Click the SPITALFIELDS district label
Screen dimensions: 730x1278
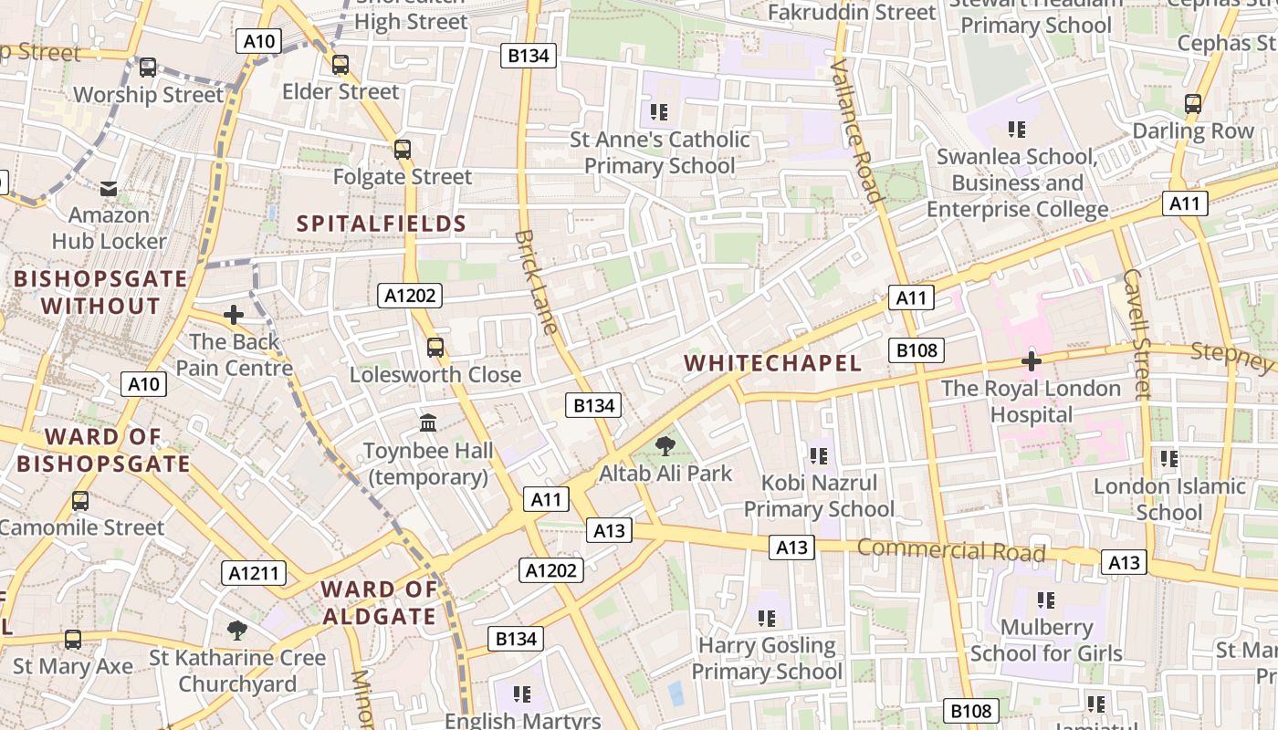tap(382, 224)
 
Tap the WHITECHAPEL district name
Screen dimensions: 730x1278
tap(773, 363)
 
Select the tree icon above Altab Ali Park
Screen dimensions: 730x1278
tap(665, 446)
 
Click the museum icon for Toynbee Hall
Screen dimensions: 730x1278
tap(428, 422)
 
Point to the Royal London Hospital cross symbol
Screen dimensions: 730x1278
tap(1032, 361)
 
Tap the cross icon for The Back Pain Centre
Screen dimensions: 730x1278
tap(234, 315)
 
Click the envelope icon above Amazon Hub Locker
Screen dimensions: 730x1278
tap(109, 189)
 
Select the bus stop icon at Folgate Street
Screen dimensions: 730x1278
tap(403, 150)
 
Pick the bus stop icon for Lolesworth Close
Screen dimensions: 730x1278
tap(435, 348)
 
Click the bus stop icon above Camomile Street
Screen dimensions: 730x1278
tap(80, 501)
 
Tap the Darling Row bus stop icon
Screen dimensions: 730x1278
tap(1193, 104)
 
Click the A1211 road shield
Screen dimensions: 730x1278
tap(254, 573)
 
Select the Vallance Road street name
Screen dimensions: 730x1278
tap(857, 130)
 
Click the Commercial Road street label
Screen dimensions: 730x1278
tap(951, 551)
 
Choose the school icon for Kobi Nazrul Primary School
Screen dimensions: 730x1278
tap(818, 455)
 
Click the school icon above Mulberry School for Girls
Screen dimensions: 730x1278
tap(1046, 600)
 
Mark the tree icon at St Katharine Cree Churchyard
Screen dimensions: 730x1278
tap(237, 630)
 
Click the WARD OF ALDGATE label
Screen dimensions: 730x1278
tap(379, 603)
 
